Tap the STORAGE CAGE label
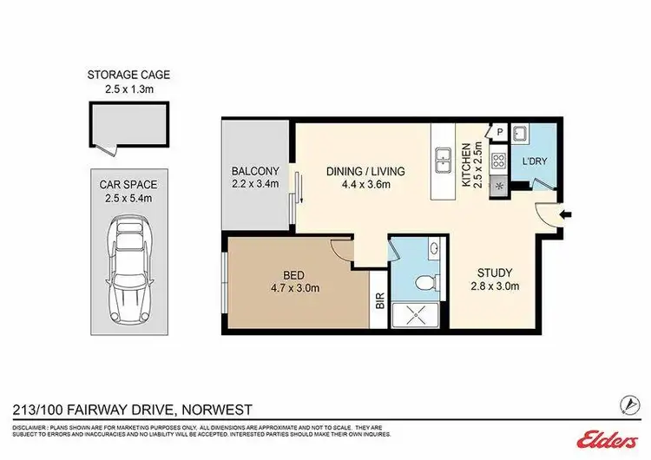128,76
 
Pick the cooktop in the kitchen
501,161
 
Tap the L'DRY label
534,162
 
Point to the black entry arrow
565,214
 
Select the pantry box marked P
501,131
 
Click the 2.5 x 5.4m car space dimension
128,198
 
